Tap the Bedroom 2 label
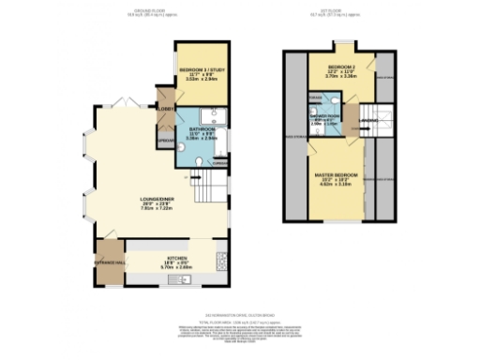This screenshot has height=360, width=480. (343, 68)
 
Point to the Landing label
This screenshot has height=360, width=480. (368, 121)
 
